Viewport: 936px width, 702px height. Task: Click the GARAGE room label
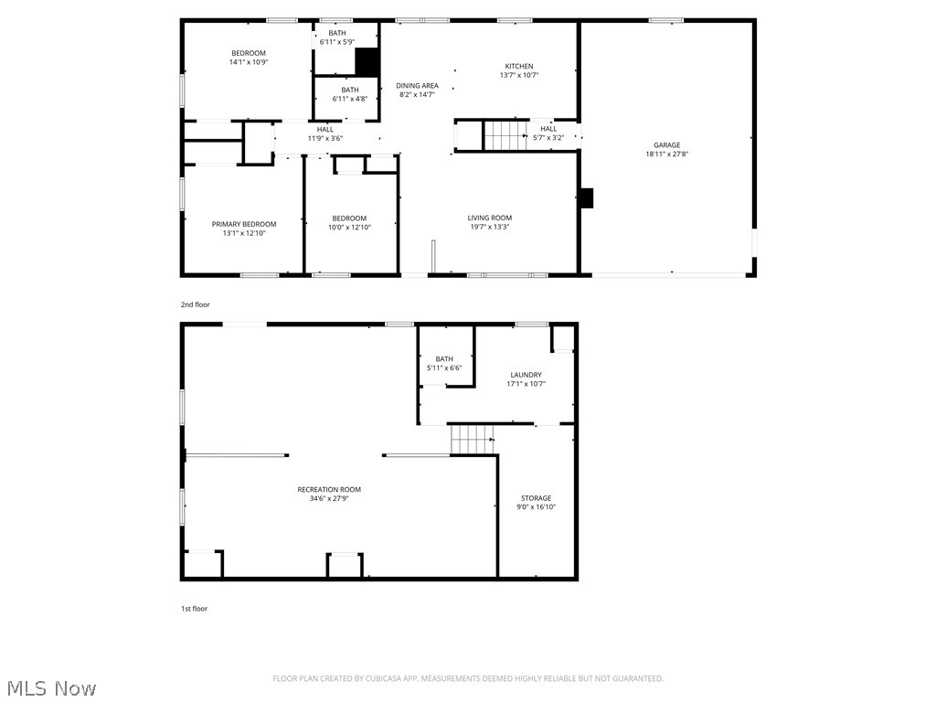666,145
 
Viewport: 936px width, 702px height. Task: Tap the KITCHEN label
519,66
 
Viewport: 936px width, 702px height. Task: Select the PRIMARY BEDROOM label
243,224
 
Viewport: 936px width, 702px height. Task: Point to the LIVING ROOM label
489,218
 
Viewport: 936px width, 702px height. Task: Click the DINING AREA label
417,86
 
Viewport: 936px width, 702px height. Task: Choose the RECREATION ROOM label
329,490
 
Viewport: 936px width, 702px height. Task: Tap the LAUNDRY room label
526,375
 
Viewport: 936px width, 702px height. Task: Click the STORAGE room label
536,498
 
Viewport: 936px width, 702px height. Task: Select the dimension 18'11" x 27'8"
666,154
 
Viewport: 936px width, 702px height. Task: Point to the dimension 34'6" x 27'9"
329,499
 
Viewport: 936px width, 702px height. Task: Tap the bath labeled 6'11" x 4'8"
350,94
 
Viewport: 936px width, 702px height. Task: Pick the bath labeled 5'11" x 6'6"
444,363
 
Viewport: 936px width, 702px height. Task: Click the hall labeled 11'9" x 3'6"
324,133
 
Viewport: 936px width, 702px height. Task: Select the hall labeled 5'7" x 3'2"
548,133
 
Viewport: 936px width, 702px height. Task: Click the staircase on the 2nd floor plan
502,134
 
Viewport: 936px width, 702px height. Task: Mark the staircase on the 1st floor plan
472,439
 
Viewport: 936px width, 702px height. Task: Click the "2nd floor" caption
195,304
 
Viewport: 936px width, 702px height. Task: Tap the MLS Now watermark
50,687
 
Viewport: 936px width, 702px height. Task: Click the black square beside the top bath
367,62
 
